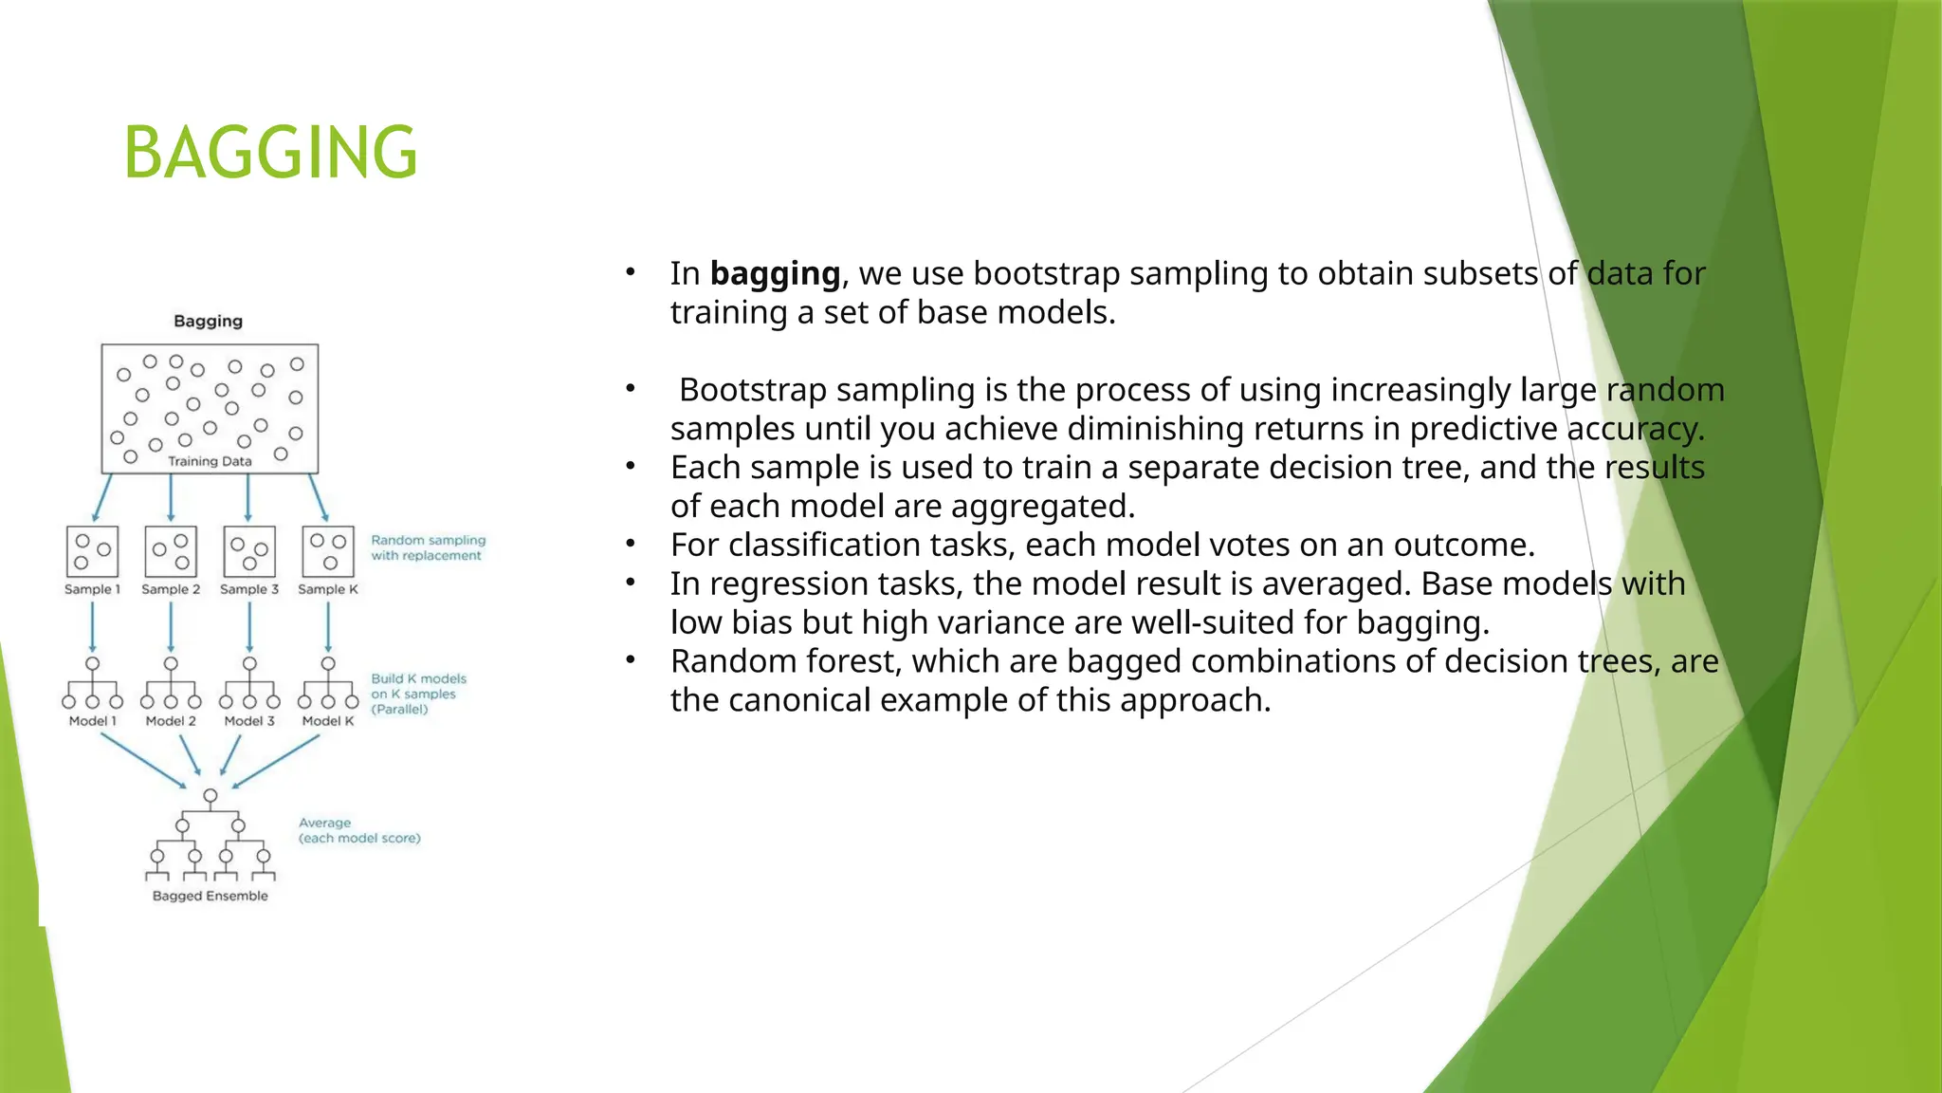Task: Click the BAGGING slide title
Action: click(x=270, y=153)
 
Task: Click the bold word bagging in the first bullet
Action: click(x=775, y=273)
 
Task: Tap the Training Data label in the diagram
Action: click(x=210, y=461)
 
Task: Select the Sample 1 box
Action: click(x=92, y=551)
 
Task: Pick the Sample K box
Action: click(x=327, y=551)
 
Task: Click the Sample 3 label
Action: click(x=249, y=589)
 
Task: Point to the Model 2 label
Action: click(x=171, y=721)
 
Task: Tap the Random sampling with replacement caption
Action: click(x=428, y=547)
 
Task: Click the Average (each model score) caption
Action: click(x=358, y=830)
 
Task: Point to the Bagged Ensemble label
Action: click(x=210, y=896)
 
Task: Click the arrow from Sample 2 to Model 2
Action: click(x=171, y=626)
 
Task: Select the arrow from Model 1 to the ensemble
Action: click(x=142, y=761)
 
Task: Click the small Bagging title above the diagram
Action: click(x=208, y=321)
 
